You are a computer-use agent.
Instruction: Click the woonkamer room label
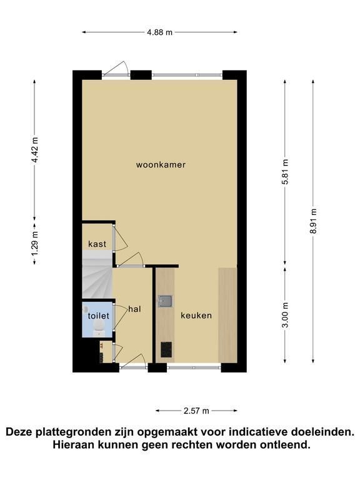(161, 165)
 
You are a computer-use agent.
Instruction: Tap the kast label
(97, 244)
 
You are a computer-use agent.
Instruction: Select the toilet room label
(98, 316)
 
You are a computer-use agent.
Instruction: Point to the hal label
(135, 309)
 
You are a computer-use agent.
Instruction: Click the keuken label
(196, 315)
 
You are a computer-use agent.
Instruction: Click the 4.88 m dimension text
(159, 32)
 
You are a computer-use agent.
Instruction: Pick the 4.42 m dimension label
(35, 150)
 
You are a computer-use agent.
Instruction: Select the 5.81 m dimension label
(285, 172)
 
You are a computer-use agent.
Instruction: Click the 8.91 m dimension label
(313, 221)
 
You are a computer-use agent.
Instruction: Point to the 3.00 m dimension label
(285, 315)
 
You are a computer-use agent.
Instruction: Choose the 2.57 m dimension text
(196, 411)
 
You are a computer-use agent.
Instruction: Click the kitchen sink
(165, 301)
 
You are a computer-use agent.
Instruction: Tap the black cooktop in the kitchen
(166, 349)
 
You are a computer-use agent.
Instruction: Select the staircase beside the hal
(97, 274)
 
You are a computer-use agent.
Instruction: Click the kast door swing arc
(122, 239)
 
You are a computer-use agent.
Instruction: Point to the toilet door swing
(121, 317)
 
